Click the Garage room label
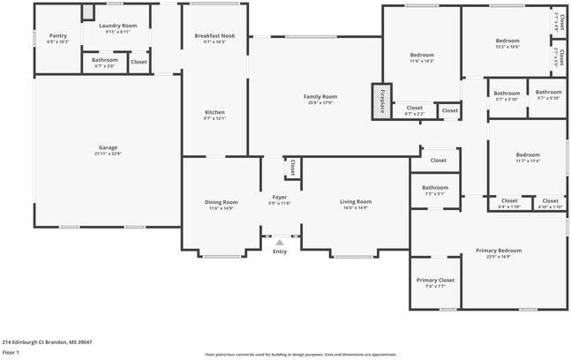click(108, 147)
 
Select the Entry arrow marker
click(280, 241)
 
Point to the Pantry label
click(57, 36)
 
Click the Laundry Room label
click(117, 26)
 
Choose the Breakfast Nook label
click(214, 35)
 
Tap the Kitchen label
click(214, 112)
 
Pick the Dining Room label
click(222, 202)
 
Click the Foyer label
click(280, 197)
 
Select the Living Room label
click(356, 202)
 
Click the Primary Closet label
click(435, 280)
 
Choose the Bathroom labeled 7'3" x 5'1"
click(435, 187)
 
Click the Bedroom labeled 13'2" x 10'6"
click(507, 41)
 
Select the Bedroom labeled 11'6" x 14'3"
click(422, 55)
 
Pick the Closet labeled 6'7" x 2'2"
click(414, 108)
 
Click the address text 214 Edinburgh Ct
click(47, 341)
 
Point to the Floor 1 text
click(11, 351)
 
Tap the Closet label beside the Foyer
click(290, 165)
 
